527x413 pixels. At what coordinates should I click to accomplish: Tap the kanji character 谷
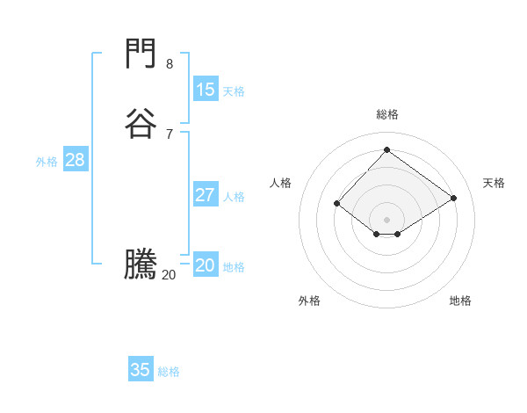(141, 124)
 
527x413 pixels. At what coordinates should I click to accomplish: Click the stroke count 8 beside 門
(170, 64)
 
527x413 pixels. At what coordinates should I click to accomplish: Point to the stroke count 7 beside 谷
(170, 134)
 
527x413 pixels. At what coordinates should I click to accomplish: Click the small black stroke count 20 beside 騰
(169, 275)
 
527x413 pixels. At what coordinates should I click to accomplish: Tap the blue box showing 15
(206, 90)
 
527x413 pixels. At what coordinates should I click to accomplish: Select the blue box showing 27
(206, 195)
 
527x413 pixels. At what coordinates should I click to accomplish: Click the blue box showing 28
(75, 160)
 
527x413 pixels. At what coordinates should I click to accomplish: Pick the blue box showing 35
(141, 370)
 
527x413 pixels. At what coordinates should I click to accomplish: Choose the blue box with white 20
(206, 265)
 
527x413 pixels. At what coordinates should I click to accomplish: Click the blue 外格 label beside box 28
(47, 162)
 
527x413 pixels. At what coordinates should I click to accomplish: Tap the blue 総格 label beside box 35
(169, 372)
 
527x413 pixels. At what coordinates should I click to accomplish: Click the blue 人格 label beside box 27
(235, 197)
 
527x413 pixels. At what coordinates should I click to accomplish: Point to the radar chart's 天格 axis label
(494, 183)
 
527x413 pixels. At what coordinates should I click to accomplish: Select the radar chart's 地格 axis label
(460, 301)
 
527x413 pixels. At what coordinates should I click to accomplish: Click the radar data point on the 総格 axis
(386, 149)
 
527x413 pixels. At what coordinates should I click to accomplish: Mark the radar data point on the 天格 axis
(453, 198)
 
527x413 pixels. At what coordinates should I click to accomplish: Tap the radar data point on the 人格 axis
(336, 204)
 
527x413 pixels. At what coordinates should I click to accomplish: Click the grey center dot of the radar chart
(386, 220)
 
